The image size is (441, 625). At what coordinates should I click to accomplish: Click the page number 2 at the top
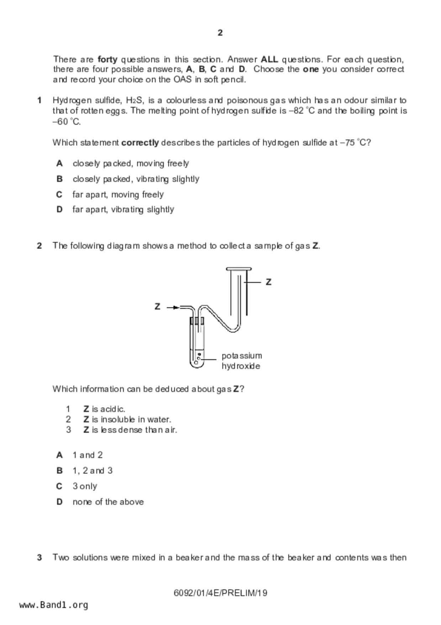click(x=220, y=33)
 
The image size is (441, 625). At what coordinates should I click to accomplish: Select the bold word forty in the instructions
click(x=107, y=59)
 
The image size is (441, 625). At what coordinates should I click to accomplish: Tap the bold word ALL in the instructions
click(x=269, y=59)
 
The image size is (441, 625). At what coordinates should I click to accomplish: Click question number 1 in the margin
click(x=40, y=100)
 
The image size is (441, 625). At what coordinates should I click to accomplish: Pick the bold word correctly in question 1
click(x=140, y=143)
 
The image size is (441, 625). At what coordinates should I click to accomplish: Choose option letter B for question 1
click(x=59, y=179)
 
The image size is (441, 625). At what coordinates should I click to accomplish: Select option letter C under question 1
click(x=59, y=195)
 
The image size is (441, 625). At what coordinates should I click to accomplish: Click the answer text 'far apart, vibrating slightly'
click(x=123, y=210)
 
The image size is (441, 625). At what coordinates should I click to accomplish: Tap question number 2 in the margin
click(x=40, y=246)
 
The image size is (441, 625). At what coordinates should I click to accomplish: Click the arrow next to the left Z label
click(x=173, y=307)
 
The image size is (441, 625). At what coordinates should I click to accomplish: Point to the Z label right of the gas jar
click(x=269, y=282)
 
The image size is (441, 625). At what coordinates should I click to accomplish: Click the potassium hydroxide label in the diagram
click(x=242, y=361)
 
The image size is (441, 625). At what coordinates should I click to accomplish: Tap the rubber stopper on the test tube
click(x=197, y=321)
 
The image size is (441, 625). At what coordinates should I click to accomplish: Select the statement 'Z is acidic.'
click(x=104, y=409)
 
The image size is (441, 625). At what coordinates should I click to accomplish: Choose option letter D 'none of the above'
click(x=59, y=502)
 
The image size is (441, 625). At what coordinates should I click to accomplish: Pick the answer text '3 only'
click(x=85, y=486)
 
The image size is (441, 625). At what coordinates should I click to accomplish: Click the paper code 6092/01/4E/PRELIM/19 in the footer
click(x=220, y=593)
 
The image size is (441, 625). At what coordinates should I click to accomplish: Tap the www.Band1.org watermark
click(x=54, y=605)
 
